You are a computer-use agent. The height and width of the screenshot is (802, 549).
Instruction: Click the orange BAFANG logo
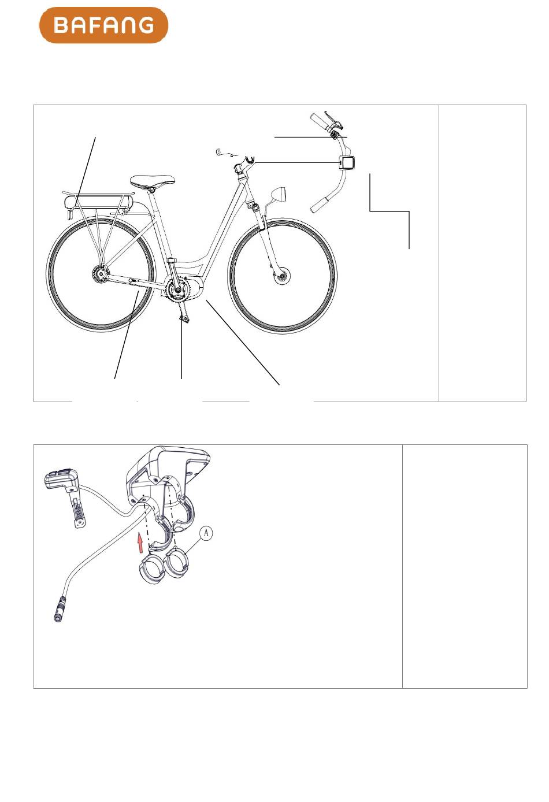tap(103, 25)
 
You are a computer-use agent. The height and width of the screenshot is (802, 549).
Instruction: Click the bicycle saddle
tap(153, 181)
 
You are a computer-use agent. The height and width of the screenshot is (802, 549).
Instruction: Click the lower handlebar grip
tap(320, 204)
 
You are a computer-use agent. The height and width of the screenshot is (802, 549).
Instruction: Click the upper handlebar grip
tap(321, 121)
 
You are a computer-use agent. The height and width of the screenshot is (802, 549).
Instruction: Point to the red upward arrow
tap(141, 542)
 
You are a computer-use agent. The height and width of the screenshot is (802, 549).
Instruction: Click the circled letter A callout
tap(206, 533)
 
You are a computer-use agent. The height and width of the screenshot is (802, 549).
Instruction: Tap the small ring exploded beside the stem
tap(218, 152)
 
